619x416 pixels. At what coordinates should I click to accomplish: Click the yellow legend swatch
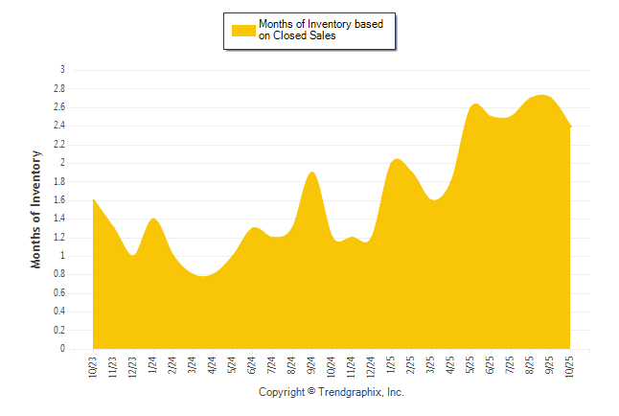tap(243, 30)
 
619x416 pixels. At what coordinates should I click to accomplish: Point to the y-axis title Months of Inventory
tap(36, 209)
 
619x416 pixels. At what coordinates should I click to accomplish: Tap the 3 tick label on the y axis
tap(62, 70)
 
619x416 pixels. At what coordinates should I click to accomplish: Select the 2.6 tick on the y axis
tap(59, 107)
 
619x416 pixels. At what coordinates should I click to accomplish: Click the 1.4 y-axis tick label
tap(59, 219)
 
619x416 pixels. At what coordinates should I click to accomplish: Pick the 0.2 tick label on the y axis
tap(59, 331)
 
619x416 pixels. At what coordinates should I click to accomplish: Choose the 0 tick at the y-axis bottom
tap(62, 350)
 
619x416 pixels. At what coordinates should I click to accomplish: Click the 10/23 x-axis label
tap(94, 367)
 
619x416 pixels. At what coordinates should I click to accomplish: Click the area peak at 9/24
tap(311, 173)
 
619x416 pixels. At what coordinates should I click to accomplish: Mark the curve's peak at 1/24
tap(153, 220)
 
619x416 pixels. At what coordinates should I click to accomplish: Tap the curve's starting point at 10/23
tap(94, 200)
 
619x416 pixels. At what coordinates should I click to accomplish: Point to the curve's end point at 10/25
tap(571, 127)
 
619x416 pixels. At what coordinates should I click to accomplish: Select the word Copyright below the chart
tap(282, 393)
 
